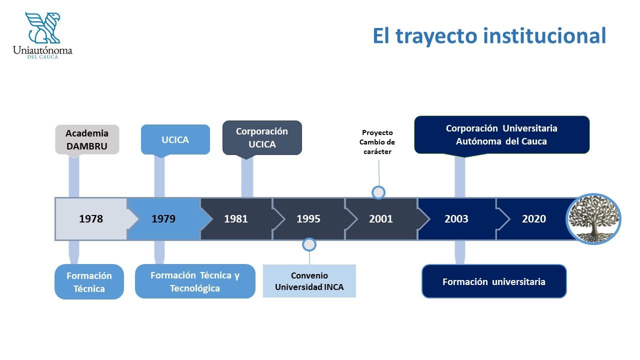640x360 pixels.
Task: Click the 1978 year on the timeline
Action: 91,219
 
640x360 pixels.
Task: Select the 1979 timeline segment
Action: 163,219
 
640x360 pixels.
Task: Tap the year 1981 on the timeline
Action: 235,219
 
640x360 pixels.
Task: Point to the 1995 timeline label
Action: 308,219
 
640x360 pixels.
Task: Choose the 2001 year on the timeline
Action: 381,219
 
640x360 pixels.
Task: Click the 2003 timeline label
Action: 456,219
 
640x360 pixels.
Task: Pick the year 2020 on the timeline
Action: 534,219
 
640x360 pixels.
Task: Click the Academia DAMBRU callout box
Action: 87,139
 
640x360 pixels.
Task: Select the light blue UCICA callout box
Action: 175,139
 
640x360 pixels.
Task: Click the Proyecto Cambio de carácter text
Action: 377,142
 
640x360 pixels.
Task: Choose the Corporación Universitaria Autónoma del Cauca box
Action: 501,135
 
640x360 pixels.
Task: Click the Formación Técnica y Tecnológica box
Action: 195,281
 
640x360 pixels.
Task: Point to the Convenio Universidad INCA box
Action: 309,281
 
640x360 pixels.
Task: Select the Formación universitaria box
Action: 494,281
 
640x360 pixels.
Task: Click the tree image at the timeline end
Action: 593,219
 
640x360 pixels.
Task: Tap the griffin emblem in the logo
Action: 43,27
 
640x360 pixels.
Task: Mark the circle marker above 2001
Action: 378,192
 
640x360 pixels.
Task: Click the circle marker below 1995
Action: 309,244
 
